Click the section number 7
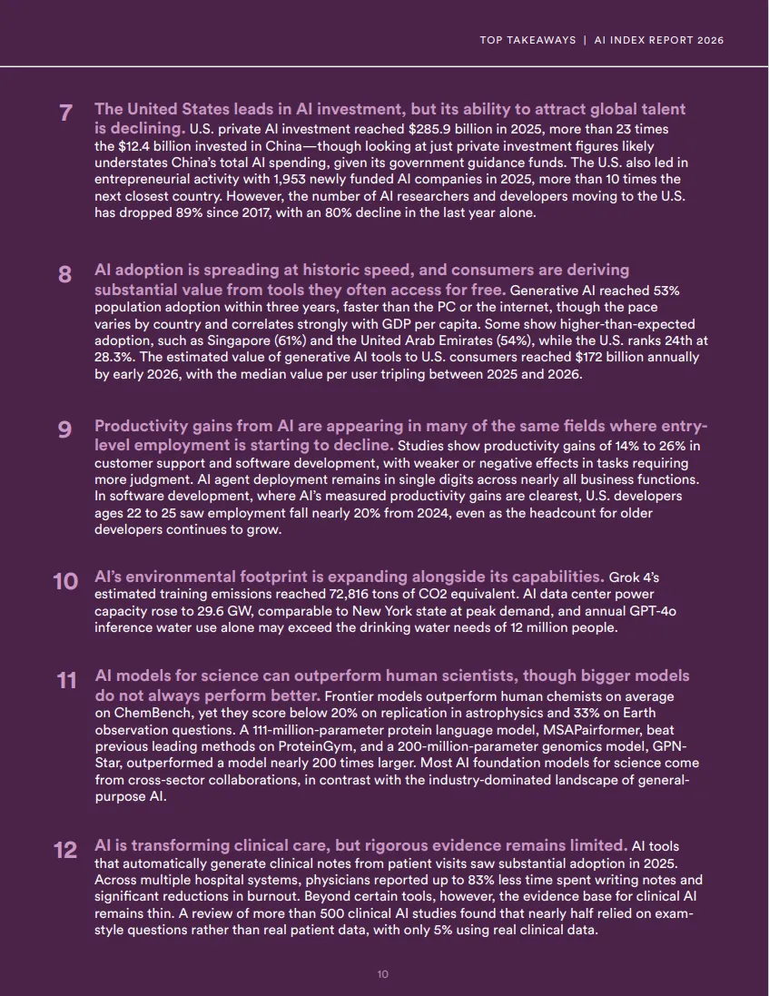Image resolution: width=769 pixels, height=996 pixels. point(65,113)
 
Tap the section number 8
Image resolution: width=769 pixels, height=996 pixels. point(65,274)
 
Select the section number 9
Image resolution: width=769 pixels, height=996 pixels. point(65,430)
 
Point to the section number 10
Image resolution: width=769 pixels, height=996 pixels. point(65,581)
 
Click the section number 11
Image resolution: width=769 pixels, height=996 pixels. point(66,680)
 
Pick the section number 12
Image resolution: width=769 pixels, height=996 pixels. point(65,850)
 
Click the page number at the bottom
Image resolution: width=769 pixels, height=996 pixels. point(383,974)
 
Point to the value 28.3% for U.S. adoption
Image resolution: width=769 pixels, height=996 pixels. point(113,357)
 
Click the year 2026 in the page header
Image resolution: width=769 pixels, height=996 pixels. point(711,41)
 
